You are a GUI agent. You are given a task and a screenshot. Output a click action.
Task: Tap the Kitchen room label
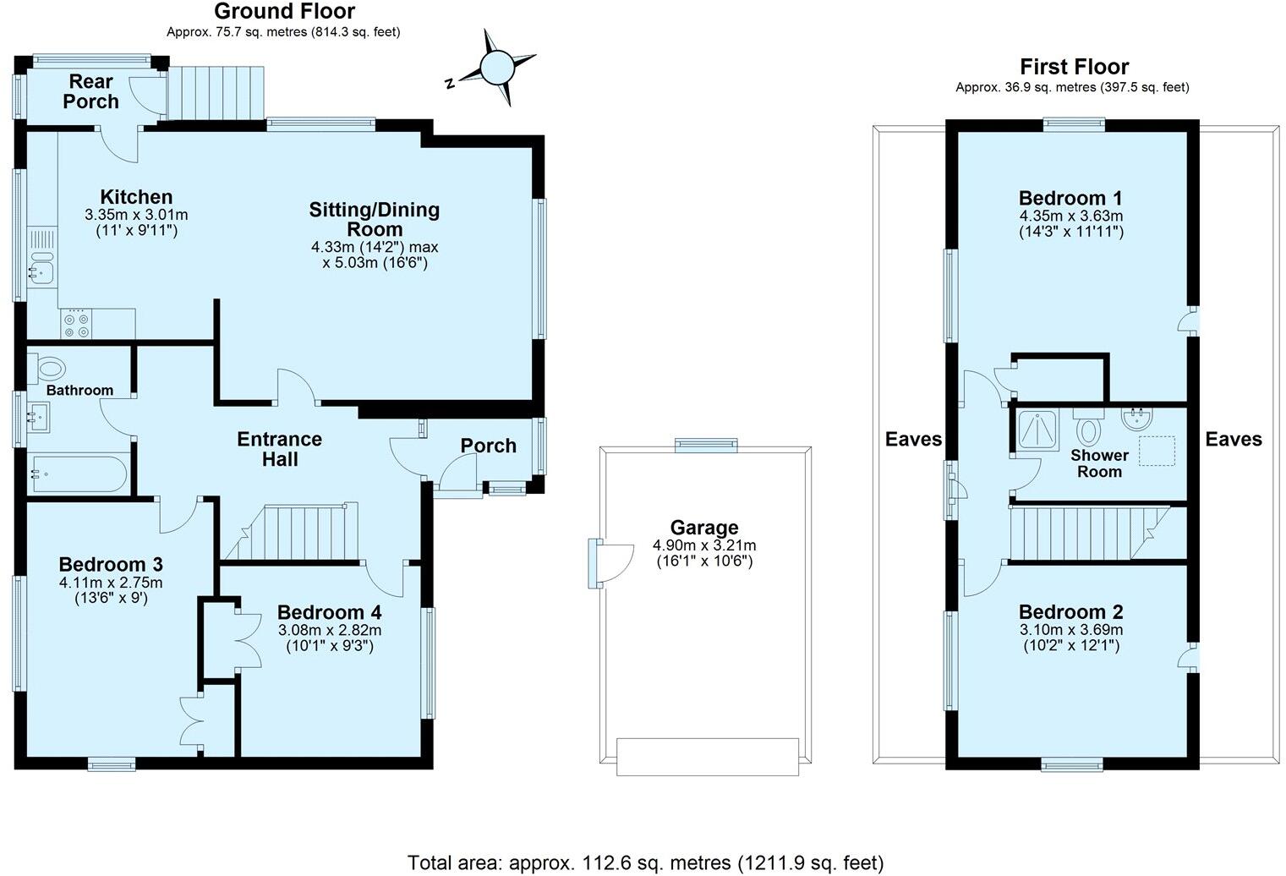(136, 197)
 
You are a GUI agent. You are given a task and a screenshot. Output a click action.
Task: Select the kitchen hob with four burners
(75, 325)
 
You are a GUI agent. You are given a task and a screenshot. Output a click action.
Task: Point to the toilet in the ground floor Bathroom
(50, 369)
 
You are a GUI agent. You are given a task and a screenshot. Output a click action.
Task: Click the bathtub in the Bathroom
(78, 474)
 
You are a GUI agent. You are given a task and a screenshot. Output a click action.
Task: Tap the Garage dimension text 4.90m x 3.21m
(703, 545)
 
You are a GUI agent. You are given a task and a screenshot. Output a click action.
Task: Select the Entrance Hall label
(279, 449)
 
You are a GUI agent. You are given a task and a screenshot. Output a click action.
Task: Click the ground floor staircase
(292, 533)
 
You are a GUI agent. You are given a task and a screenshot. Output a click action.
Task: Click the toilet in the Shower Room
(1088, 428)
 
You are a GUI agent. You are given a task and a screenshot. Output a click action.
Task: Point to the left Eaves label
(913, 439)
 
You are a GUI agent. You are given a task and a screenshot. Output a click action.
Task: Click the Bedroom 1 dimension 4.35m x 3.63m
(1070, 216)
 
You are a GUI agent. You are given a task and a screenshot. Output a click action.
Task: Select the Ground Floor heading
(284, 11)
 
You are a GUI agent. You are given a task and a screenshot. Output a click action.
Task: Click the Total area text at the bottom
(645, 862)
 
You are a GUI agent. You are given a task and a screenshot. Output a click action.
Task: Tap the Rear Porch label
(90, 91)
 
